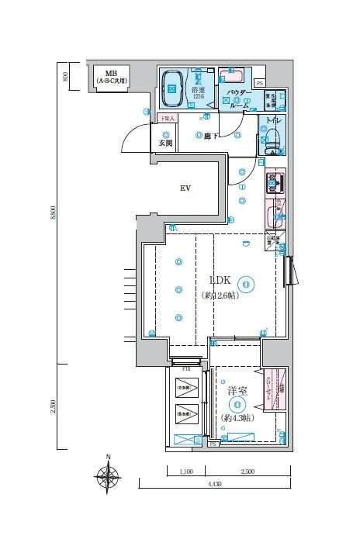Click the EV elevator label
[x=186, y=188]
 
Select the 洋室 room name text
[x=237, y=392]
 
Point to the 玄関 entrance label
[x=165, y=143]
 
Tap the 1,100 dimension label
[x=186, y=471]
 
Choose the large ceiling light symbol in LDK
[x=245, y=285]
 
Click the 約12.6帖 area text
[x=220, y=295]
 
